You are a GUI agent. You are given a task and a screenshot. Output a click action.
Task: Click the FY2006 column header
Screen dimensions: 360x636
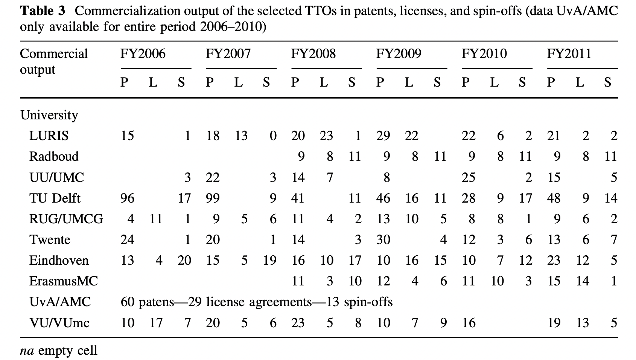143,54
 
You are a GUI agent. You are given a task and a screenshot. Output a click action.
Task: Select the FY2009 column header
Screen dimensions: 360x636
399,54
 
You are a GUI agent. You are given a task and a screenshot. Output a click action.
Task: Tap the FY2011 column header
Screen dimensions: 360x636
569,54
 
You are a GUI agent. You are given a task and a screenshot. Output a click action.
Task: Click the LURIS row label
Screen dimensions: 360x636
49,136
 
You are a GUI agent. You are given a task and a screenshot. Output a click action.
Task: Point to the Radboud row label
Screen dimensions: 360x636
54,156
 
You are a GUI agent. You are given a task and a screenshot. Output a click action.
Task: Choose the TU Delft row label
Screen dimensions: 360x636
55,198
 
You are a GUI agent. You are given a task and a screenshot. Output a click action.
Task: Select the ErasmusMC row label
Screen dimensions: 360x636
64,281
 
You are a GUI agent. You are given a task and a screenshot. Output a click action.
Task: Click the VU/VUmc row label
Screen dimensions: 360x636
59,323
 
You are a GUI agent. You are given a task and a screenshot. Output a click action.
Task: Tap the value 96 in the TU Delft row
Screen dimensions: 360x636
127,198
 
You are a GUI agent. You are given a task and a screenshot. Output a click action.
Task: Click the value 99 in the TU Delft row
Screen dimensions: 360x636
213,198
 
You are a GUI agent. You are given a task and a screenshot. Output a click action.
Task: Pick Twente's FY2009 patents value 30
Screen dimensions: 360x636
383,239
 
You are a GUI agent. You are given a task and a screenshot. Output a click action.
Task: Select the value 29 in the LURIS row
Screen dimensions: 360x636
383,136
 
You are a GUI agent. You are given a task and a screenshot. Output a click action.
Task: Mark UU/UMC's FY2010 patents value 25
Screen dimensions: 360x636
469,177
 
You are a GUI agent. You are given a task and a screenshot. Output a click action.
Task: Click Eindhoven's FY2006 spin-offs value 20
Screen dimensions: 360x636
184,260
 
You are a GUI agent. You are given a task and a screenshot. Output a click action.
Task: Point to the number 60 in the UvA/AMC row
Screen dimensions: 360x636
128,302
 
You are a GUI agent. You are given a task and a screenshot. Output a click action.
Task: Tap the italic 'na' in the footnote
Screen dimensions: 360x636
27,351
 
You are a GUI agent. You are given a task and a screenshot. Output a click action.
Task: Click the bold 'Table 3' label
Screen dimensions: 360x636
43,11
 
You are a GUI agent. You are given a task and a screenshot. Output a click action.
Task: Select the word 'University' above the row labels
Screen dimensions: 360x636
49,115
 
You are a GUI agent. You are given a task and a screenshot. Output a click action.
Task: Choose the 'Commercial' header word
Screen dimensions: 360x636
54,54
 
